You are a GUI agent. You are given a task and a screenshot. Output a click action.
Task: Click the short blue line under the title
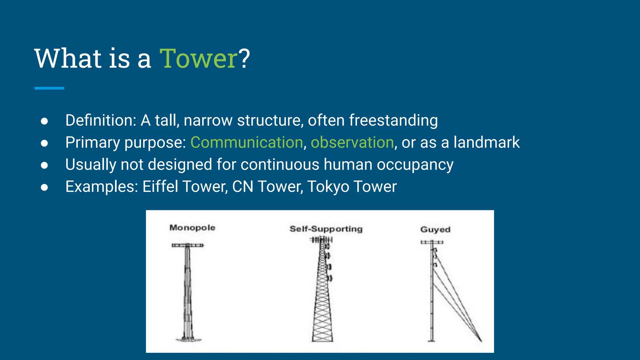pos(49,88)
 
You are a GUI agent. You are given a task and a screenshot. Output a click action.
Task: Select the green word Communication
pos(247,142)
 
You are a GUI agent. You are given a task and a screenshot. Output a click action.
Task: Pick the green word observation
pos(352,142)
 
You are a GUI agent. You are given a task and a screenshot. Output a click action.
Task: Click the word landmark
pos(486,142)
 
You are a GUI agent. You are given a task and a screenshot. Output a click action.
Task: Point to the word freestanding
pos(393,120)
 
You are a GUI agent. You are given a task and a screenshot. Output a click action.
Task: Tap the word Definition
pos(100,120)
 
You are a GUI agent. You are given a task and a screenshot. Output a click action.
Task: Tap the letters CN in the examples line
pos(242,187)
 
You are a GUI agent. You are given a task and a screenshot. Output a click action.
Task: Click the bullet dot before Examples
pos(44,187)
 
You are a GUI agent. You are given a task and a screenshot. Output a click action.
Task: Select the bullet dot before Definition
pos(44,121)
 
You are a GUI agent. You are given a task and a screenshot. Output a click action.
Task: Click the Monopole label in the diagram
pos(192,227)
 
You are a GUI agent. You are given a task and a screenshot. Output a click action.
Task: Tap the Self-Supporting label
pos(326,229)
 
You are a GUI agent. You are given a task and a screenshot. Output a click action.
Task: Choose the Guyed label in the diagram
pos(435,229)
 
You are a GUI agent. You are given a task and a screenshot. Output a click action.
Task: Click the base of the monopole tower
pos(188,339)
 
